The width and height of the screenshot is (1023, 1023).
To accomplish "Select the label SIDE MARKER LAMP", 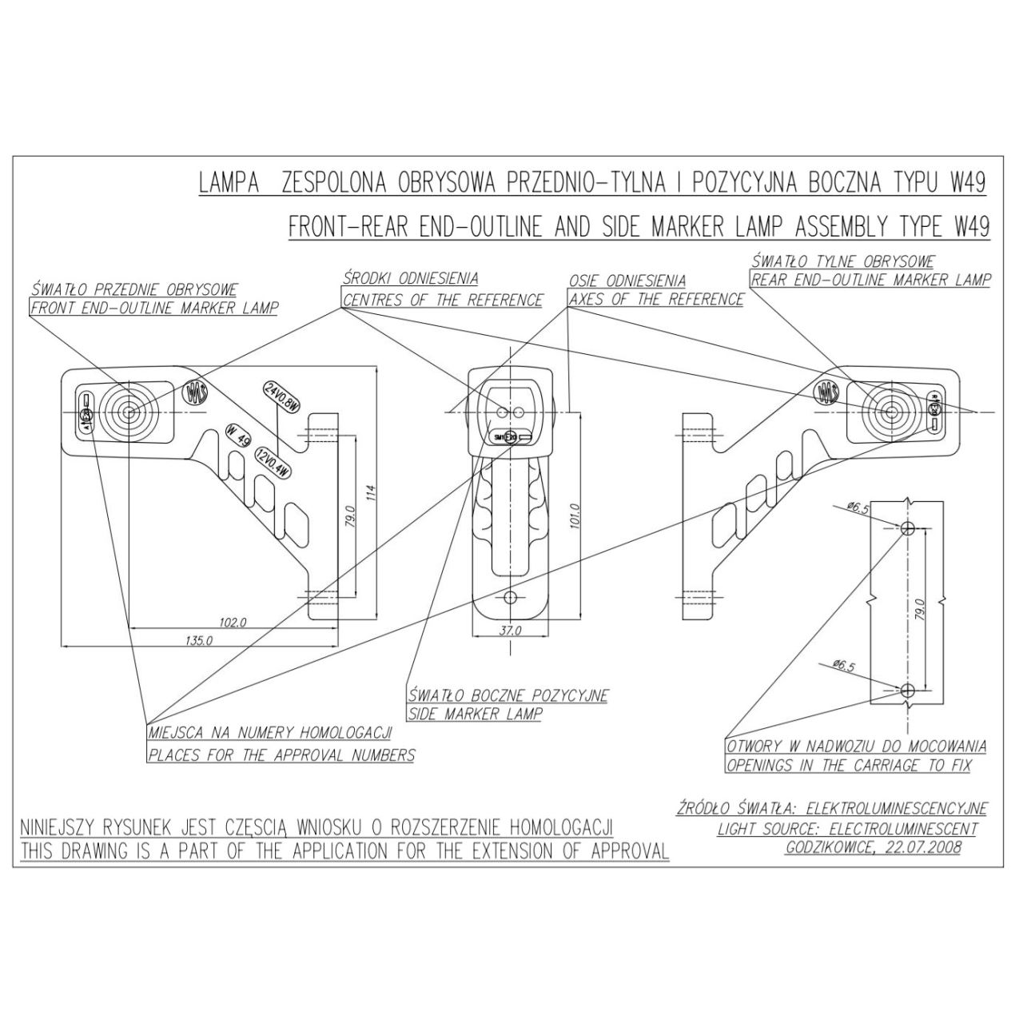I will pyautogui.click(x=475, y=714).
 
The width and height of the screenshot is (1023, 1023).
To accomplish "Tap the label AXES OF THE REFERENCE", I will pyautogui.click(x=655, y=300).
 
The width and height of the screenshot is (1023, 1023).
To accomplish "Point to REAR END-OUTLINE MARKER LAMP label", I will pyautogui.click(x=870, y=280).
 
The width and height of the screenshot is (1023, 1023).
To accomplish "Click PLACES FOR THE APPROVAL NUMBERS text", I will pyautogui.click(x=281, y=755).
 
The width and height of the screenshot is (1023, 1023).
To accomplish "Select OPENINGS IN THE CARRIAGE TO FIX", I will pyautogui.click(x=848, y=766).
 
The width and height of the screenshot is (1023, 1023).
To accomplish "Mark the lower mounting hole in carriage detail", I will pyautogui.click(x=907, y=691).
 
